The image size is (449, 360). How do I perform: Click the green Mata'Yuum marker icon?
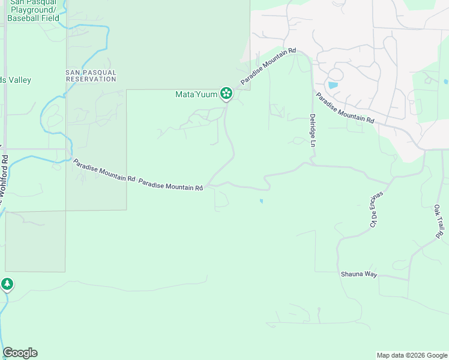click(226, 93)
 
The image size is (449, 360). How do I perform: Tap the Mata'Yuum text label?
click(196, 94)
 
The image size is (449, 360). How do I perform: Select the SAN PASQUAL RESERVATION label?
click(91, 76)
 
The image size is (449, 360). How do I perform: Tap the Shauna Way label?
click(358, 274)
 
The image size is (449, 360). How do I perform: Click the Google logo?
click(20, 353)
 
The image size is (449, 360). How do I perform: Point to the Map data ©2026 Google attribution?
click(411, 355)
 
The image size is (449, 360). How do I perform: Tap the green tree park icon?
click(7, 284)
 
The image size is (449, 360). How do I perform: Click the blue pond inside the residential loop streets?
click(333, 85)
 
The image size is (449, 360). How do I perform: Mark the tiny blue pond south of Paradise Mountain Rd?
click(261, 201)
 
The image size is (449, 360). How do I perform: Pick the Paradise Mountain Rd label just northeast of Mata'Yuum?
click(268, 67)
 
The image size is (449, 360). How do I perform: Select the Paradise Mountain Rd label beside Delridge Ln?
click(345, 108)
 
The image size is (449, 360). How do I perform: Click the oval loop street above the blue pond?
click(335, 75)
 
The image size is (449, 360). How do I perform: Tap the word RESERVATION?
click(91, 79)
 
